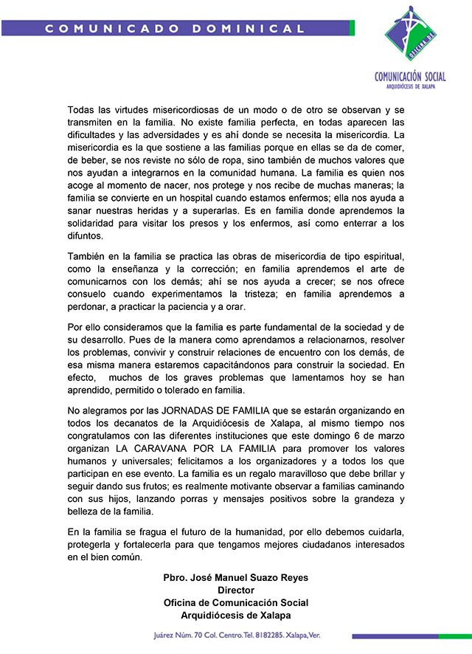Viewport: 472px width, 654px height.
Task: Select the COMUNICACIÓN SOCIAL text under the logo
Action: click(410, 76)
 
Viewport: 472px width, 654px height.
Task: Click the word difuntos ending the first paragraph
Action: click(86, 237)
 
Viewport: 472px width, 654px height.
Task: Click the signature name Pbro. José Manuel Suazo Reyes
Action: click(236, 577)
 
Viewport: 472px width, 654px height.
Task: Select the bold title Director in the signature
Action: click(236, 590)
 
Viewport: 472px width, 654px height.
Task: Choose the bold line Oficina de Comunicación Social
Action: click(236, 602)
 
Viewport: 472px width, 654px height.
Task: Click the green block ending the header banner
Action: click(352, 28)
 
